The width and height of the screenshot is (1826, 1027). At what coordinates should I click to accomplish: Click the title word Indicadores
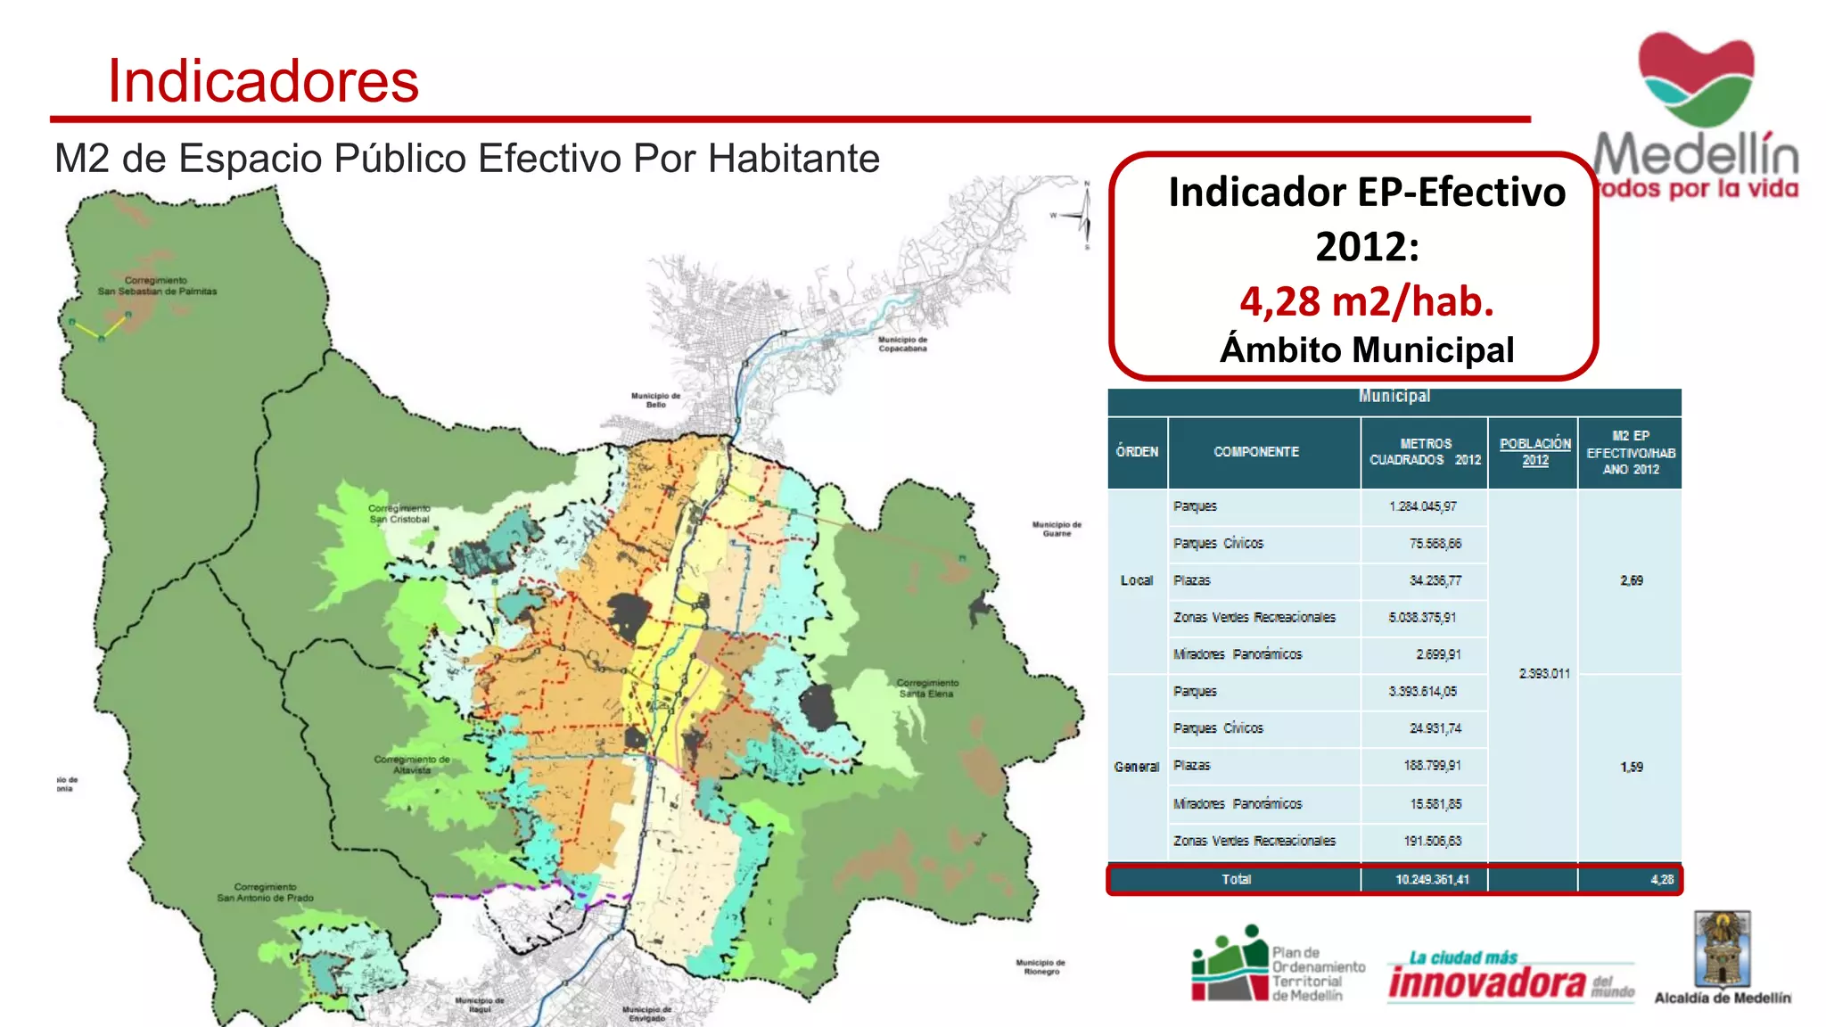click(263, 81)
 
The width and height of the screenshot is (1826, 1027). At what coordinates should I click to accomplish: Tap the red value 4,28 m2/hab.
click(1366, 301)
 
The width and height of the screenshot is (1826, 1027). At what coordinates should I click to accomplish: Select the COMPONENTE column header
click(1255, 452)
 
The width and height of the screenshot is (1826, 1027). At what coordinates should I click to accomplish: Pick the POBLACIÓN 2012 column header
click(1534, 452)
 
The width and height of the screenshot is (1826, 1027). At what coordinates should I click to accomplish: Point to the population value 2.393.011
click(1543, 674)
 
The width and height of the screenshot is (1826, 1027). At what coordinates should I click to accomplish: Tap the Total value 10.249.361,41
click(1431, 880)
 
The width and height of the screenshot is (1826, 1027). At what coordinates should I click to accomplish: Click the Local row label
click(1136, 580)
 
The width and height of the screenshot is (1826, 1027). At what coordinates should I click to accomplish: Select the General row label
click(1136, 767)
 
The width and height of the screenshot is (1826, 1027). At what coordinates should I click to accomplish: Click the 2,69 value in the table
click(1631, 580)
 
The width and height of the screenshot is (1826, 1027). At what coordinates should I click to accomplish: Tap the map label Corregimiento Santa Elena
click(927, 688)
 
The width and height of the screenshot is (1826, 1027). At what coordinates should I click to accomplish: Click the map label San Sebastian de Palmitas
click(157, 286)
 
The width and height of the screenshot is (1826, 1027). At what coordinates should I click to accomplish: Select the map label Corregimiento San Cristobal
click(399, 513)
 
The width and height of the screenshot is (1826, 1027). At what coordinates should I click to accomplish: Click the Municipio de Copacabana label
click(902, 344)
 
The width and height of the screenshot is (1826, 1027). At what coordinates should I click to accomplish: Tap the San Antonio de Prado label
click(265, 892)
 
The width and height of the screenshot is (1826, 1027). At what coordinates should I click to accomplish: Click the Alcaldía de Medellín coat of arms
click(1722, 949)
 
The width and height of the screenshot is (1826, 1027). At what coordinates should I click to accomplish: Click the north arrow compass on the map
click(1084, 215)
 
